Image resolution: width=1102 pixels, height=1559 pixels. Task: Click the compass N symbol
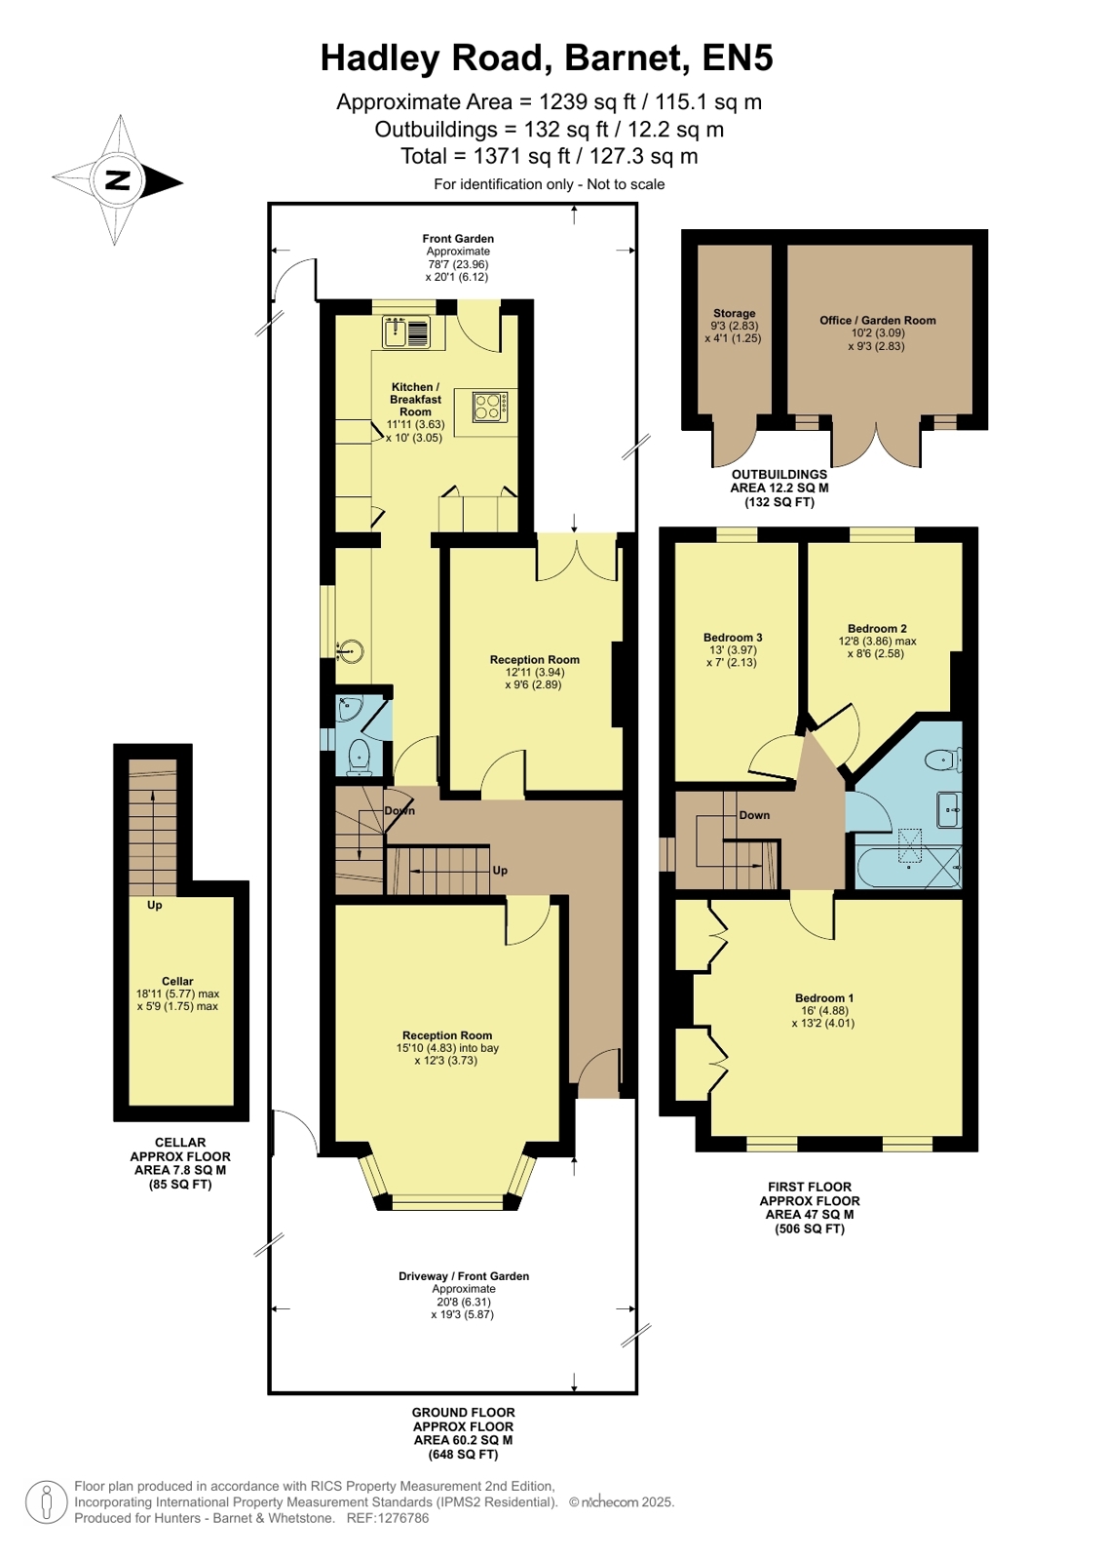[x=118, y=180]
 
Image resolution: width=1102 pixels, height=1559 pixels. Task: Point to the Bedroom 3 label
[x=732, y=637]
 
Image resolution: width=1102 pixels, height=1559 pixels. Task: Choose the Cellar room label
[x=177, y=981]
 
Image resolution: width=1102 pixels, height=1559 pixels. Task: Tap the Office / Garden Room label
[x=877, y=320]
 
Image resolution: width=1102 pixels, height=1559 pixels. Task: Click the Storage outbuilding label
[x=734, y=313]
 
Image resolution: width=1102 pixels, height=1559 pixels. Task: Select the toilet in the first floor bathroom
[x=944, y=760]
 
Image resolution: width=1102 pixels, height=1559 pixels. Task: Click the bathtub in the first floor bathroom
[x=908, y=867]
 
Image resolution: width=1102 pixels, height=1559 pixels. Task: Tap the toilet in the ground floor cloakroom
[x=359, y=755]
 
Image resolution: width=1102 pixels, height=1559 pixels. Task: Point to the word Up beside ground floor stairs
[x=500, y=870]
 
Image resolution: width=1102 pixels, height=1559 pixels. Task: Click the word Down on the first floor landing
[x=754, y=815]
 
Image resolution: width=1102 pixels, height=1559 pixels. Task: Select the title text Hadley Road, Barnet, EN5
[x=547, y=58]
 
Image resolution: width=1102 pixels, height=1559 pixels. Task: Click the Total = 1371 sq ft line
[x=549, y=156]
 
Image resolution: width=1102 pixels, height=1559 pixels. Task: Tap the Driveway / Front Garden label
[x=464, y=1275]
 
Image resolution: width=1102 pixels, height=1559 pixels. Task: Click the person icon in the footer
[x=47, y=1501]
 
